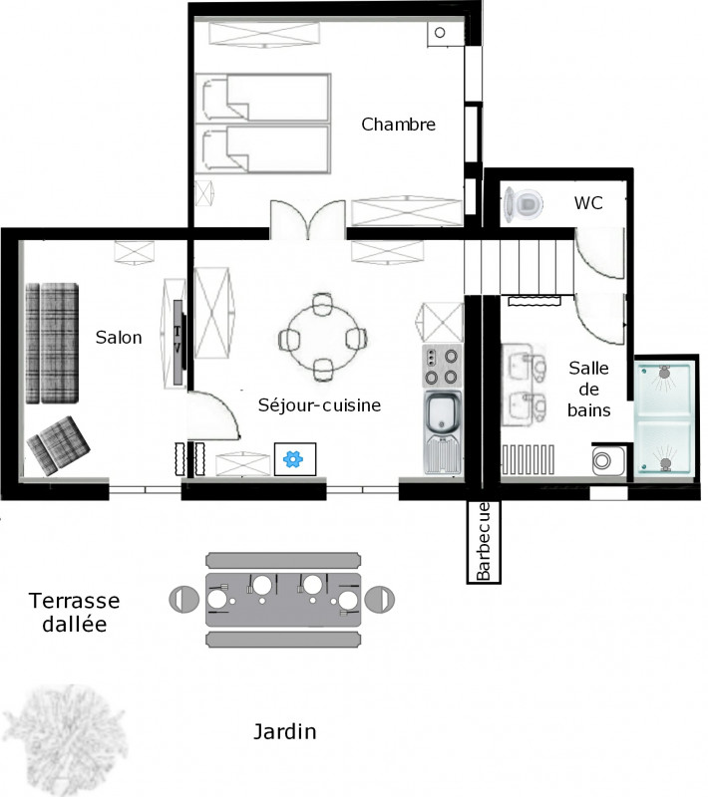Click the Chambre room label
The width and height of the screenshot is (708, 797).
(398, 125)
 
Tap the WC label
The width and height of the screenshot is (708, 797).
(588, 202)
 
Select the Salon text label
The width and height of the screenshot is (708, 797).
(119, 338)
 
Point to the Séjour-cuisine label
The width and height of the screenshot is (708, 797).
(319, 405)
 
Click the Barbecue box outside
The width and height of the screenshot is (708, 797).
(484, 542)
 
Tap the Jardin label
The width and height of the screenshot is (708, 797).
(284, 732)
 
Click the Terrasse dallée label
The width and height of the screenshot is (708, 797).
(75, 612)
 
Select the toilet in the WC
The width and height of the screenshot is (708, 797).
(525, 204)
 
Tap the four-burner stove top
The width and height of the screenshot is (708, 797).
(441, 367)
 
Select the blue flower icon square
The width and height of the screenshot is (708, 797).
(294, 458)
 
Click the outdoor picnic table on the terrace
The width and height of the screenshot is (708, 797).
(282, 599)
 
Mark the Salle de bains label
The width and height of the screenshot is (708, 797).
(588, 389)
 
